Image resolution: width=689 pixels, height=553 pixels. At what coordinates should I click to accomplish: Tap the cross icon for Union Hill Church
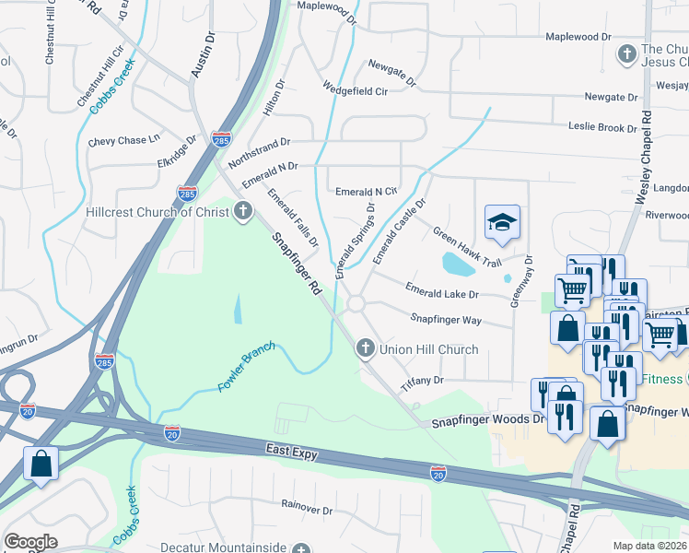click(365, 348)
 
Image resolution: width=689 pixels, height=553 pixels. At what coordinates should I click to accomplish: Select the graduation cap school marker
click(502, 222)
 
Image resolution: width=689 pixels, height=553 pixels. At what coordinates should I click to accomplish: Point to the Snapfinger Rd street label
click(296, 263)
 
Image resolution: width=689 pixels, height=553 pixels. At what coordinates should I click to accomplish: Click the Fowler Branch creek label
click(246, 371)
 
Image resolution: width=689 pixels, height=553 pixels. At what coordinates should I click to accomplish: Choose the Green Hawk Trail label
click(467, 248)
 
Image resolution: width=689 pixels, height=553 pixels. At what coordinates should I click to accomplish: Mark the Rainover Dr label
click(307, 508)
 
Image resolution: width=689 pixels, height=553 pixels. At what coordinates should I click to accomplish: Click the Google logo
click(29, 542)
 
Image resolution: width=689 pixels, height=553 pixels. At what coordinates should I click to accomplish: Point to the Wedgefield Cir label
click(355, 90)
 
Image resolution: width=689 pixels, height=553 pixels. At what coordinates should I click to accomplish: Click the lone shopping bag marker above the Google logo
click(41, 464)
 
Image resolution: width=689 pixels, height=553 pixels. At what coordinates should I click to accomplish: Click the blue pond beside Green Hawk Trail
click(457, 265)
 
